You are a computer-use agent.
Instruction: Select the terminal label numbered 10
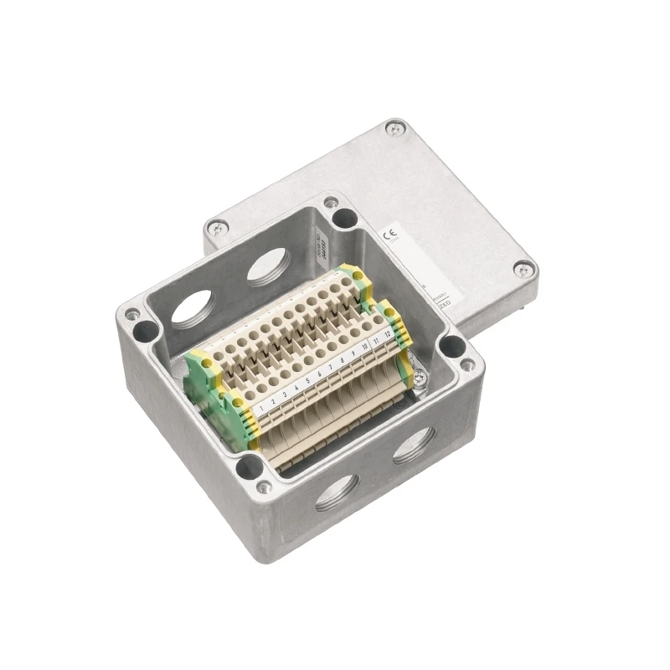pos(365,348)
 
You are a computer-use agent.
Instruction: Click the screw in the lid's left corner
pos(217,226)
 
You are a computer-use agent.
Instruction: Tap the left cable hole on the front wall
pos(337,493)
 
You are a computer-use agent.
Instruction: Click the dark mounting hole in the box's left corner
pos(144,330)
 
